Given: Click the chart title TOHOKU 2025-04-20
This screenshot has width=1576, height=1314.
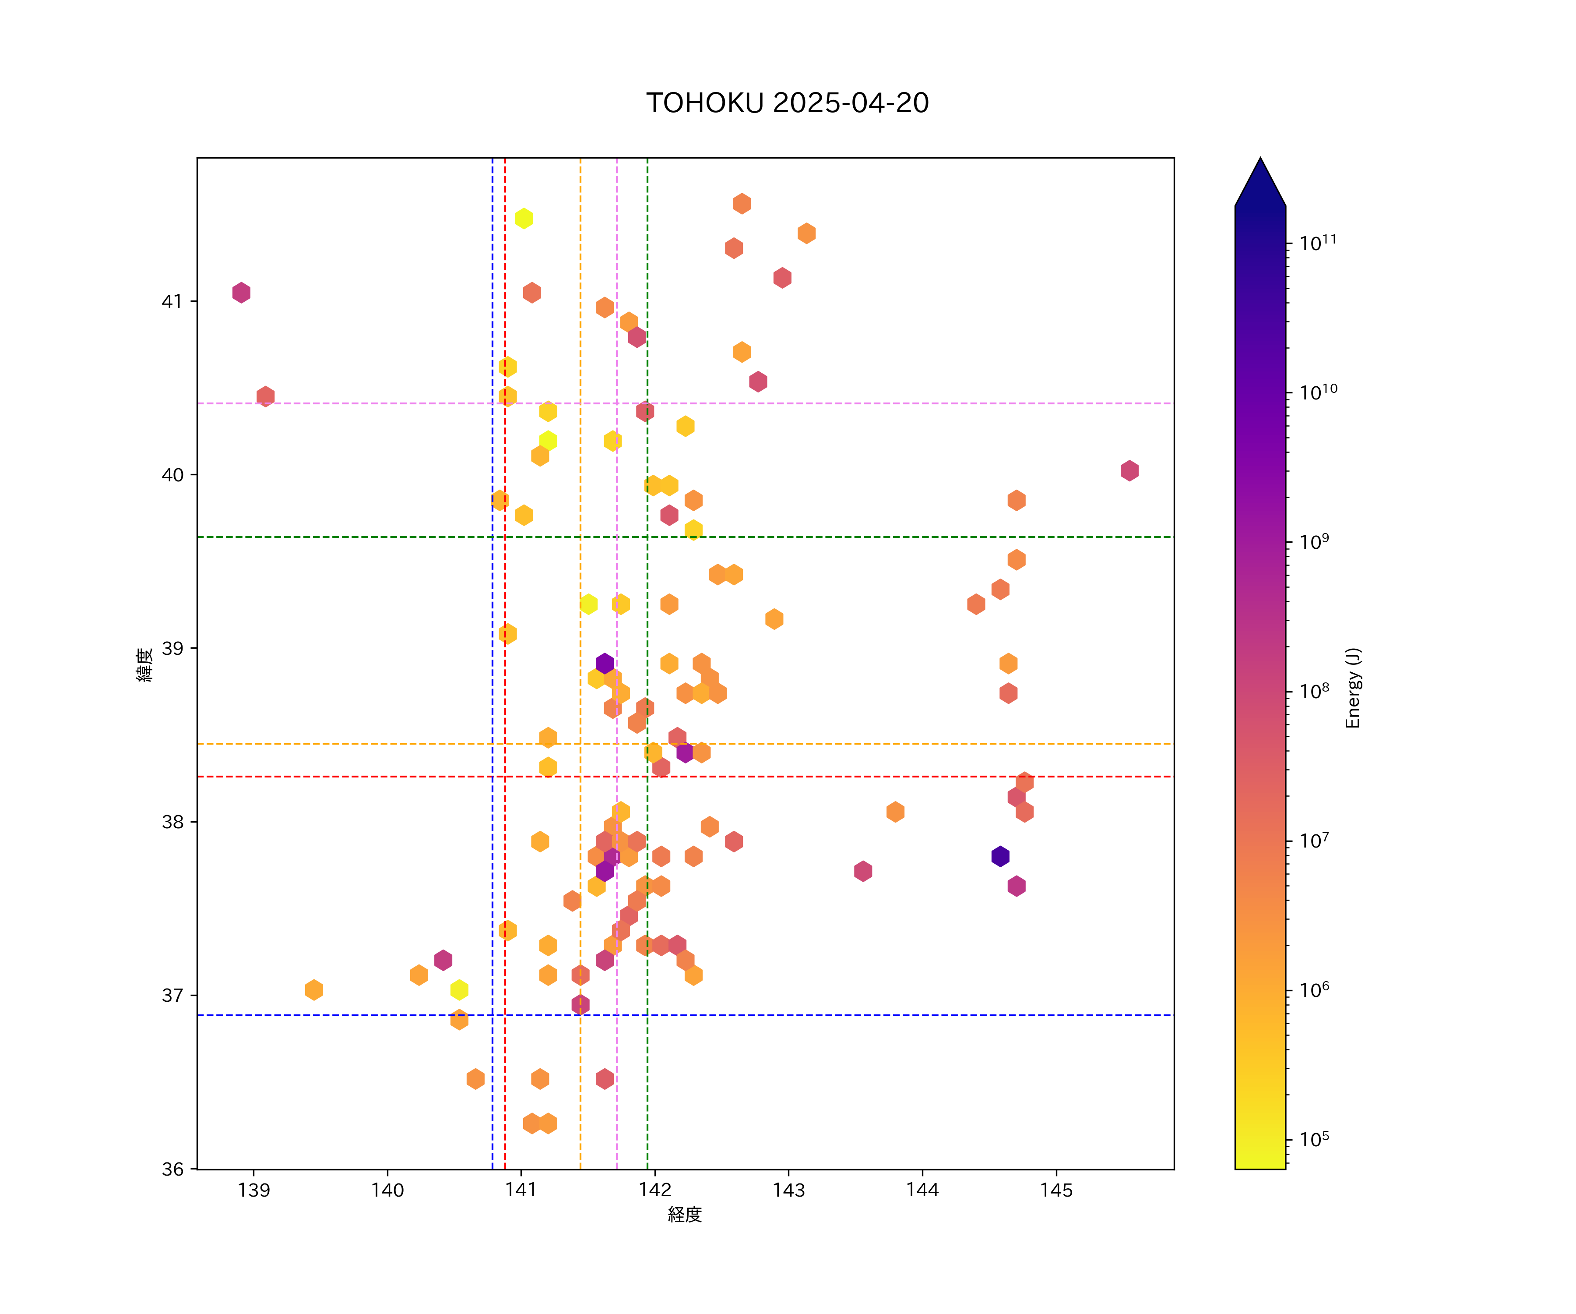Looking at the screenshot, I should tap(787, 103).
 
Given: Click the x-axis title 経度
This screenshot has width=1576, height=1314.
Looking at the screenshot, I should tap(684, 1214).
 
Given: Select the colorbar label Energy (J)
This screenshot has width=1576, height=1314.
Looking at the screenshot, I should tap(1352, 688).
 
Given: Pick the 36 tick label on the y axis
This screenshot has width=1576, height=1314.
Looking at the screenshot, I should tap(172, 1169).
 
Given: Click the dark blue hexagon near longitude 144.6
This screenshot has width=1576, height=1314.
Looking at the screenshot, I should tap(999, 856).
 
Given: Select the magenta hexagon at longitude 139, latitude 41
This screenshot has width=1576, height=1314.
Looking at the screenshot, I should tap(241, 292).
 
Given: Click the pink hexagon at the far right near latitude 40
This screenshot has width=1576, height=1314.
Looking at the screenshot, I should tap(1129, 471).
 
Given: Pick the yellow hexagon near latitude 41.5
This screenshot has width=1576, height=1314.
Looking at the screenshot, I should tap(524, 219).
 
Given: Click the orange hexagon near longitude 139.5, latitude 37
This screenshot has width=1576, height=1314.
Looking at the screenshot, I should tap(314, 989).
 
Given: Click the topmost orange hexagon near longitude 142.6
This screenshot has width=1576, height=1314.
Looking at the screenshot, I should tap(742, 204).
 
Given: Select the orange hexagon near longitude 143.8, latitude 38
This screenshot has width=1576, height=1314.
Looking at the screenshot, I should tap(894, 812).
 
